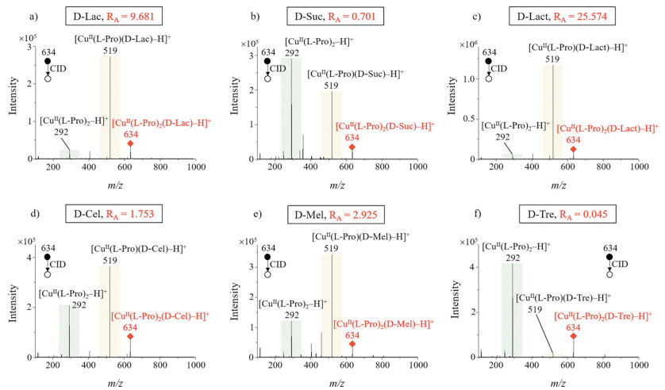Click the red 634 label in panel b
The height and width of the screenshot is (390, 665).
(352, 137)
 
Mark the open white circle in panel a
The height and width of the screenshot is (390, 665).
(48, 78)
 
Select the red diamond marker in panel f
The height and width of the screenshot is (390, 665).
(573, 336)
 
